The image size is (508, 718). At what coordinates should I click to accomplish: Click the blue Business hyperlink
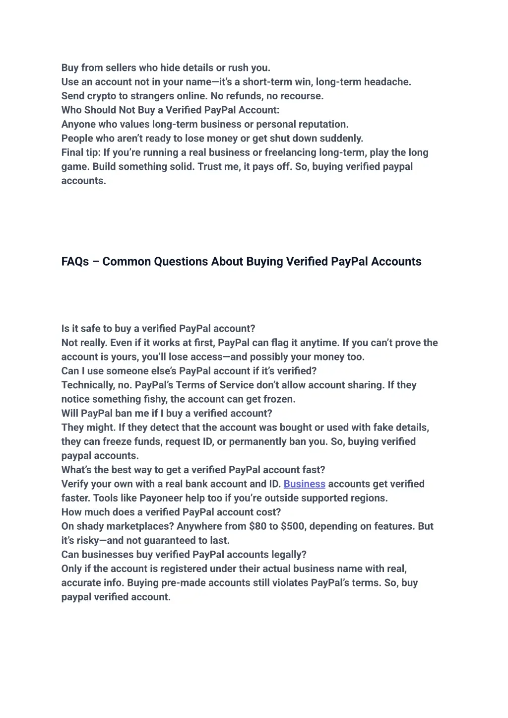304,484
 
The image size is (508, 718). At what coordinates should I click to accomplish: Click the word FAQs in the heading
75,262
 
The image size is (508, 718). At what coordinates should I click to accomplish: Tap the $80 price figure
258,526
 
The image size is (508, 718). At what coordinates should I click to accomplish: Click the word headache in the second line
387,82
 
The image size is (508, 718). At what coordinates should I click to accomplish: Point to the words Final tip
81,152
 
